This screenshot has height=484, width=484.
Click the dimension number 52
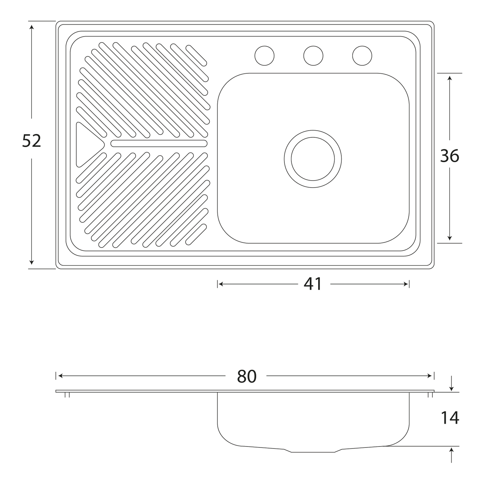[x=31, y=141]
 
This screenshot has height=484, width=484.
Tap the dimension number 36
[x=450, y=156]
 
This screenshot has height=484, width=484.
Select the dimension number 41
[x=313, y=284]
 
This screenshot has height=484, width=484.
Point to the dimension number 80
[x=247, y=376]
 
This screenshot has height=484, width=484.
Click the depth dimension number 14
[x=450, y=418]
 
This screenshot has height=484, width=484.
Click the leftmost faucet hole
[x=264, y=56]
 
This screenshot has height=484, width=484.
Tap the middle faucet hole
[x=313, y=56]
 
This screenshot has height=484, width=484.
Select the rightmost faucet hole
[x=362, y=56]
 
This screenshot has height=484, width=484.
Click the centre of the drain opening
[x=313, y=159]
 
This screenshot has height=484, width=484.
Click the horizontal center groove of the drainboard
[x=159, y=143]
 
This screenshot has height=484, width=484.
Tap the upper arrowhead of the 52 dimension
[x=31, y=27]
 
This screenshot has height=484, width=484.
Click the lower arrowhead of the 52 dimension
[x=31, y=263]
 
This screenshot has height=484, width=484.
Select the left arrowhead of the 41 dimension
[x=221, y=284]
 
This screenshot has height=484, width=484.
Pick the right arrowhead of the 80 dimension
[x=429, y=376]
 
